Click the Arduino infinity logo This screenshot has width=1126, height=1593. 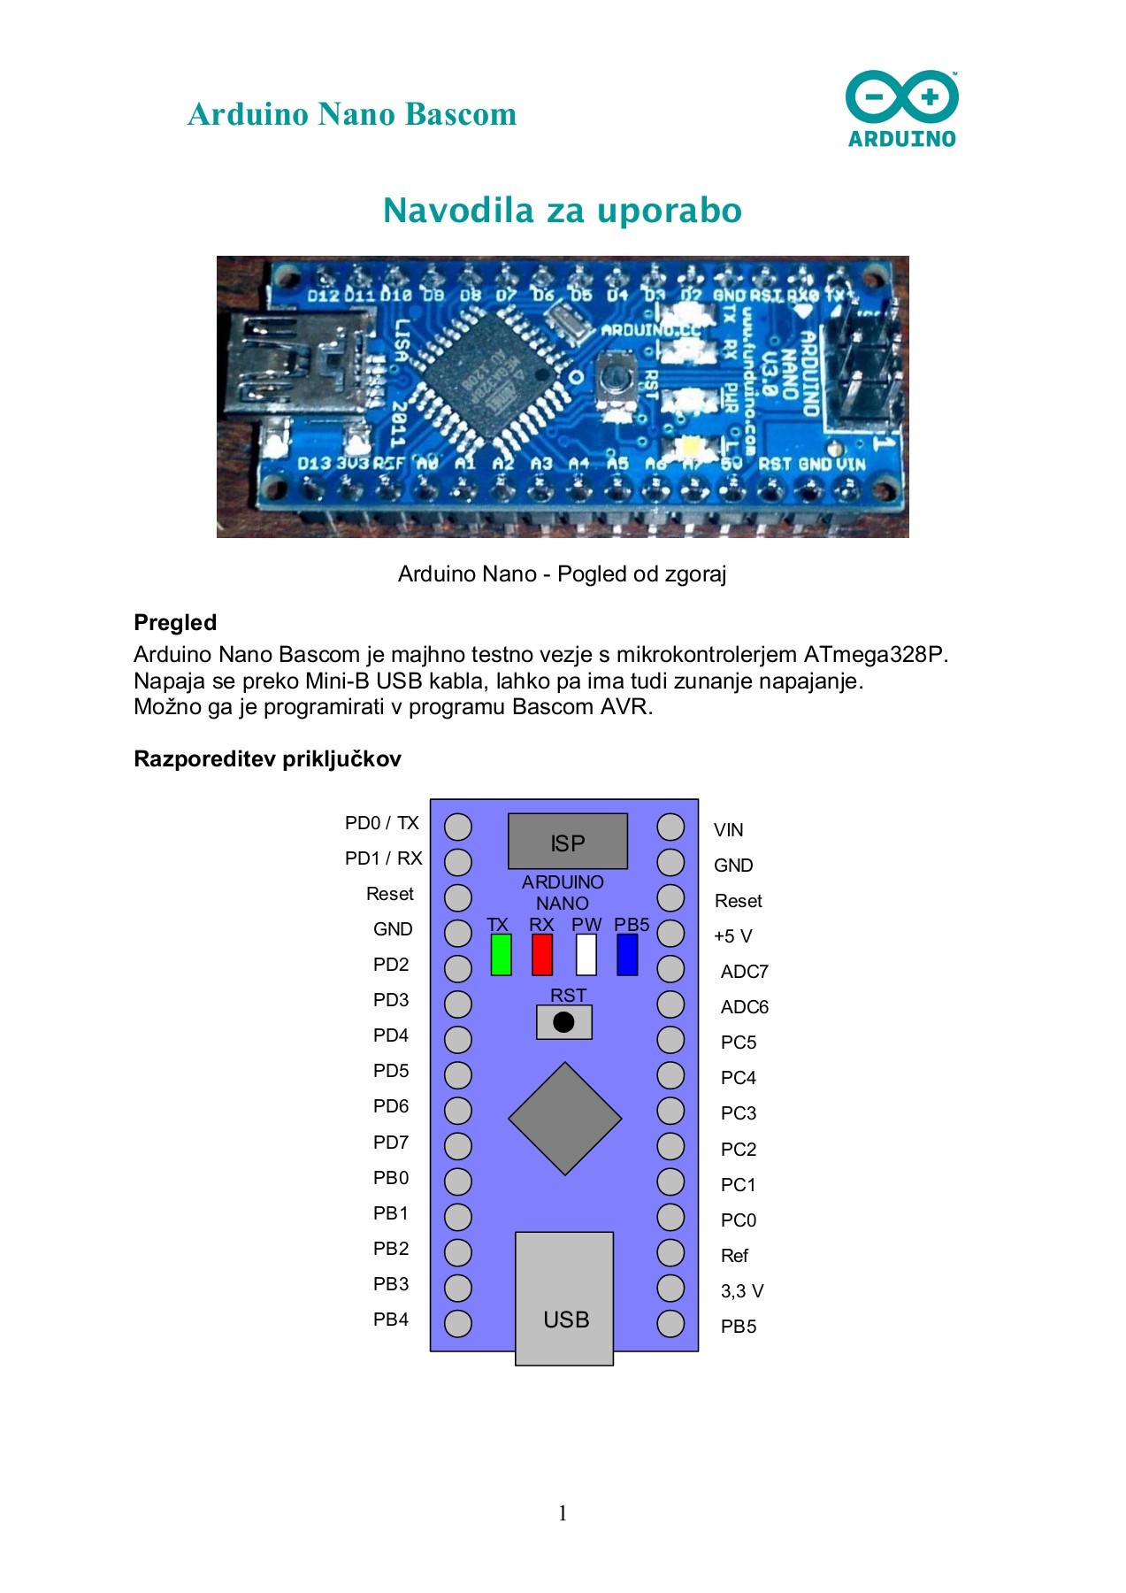pyautogui.click(x=901, y=97)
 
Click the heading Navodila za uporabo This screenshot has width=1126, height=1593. pyautogui.click(x=563, y=211)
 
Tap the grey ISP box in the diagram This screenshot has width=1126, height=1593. pyautogui.click(x=567, y=842)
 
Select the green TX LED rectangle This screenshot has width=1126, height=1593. pyautogui.click(x=501, y=955)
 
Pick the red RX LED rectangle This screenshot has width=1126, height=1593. pyautogui.click(x=541, y=955)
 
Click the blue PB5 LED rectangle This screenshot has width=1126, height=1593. pyautogui.click(x=627, y=955)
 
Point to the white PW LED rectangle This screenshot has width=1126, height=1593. pyautogui.click(x=586, y=955)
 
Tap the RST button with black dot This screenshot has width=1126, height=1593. pyautogui.click(x=563, y=1022)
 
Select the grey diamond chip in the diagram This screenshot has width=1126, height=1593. pyautogui.click(x=564, y=1119)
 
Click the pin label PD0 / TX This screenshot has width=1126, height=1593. pyautogui.click(x=382, y=823)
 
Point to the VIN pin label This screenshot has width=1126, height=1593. pyautogui.click(x=728, y=830)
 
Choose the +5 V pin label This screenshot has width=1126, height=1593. pyautogui.click(x=732, y=936)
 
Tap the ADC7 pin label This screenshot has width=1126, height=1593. pyautogui.click(x=744, y=972)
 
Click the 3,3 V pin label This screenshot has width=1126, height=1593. pyautogui.click(x=741, y=1291)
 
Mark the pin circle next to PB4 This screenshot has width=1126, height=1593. pyautogui.click(x=457, y=1323)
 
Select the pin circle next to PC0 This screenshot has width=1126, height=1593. pyautogui.click(x=670, y=1217)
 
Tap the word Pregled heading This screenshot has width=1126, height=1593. pyautogui.click(x=175, y=622)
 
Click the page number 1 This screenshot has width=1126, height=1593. pyautogui.click(x=563, y=1513)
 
